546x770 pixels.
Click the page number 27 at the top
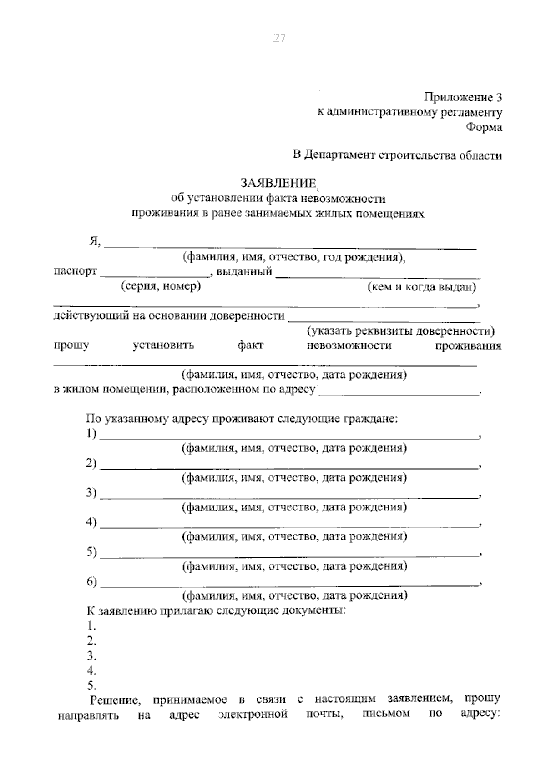click(x=279, y=38)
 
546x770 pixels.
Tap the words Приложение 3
click(x=463, y=97)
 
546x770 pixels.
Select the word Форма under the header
click(x=484, y=127)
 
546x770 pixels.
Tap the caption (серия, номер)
click(x=161, y=286)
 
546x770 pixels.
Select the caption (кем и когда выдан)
click(x=421, y=287)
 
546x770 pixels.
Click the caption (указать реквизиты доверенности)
click(x=401, y=330)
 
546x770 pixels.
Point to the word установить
click(x=163, y=345)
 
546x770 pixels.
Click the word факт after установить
click(x=250, y=345)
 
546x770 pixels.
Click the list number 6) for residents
click(x=92, y=582)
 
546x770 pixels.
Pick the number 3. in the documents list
click(x=91, y=656)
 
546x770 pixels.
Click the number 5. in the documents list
click(x=91, y=685)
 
